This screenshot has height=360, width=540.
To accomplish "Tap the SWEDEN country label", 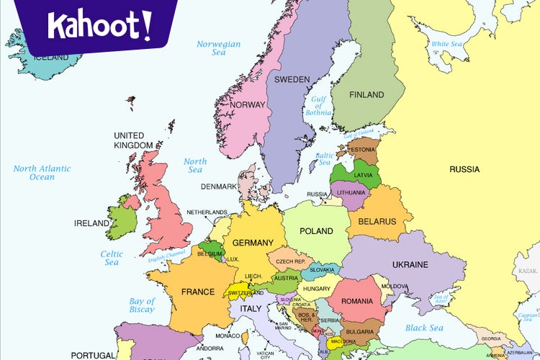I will (292, 79).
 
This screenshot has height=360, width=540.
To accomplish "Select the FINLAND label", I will (366, 94).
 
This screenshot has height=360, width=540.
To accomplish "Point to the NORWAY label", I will (248, 105).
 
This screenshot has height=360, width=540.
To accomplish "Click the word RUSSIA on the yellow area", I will (464, 169).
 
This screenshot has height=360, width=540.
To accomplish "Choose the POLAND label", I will (316, 231).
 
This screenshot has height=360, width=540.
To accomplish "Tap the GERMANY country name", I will (253, 243).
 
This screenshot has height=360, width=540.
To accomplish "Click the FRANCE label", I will (197, 292).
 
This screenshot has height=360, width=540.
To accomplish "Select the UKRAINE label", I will (410, 264).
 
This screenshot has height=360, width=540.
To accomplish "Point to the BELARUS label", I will (377, 221).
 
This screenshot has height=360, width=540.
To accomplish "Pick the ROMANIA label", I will (357, 301).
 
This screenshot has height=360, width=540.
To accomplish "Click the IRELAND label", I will (91, 223).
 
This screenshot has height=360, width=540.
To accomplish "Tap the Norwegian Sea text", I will (218, 48).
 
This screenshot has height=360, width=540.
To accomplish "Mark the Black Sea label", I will (423, 328).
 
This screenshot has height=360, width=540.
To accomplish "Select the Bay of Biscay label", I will (142, 305).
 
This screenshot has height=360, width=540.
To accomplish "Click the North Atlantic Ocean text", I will (42, 173).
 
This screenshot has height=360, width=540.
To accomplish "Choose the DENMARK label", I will (219, 186).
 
